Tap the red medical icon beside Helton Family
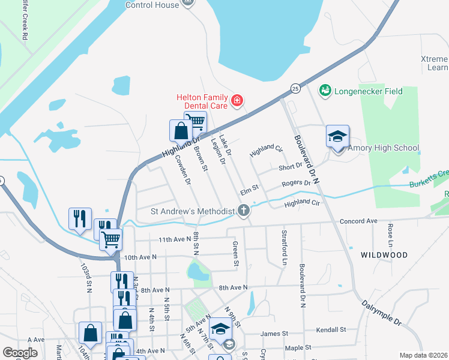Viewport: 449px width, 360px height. pyautogui.click(x=238, y=100)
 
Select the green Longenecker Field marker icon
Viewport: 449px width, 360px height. pyautogui.click(x=325, y=91)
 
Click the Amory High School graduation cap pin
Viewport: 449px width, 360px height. pyautogui.click(x=337, y=136)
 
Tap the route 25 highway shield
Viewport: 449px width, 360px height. pyautogui.click(x=295, y=88)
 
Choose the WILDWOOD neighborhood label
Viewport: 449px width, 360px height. pyautogui.click(x=384, y=255)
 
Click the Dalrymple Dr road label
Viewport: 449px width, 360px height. pyautogui.click(x=381, y=312)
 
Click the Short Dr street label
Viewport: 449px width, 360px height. pyautogui.click(x=291, y=167)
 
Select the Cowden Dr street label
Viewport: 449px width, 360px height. pyautogui.click(x=182, y=169)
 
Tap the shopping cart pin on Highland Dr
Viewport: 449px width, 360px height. pyautogui.click(x=195, y=122)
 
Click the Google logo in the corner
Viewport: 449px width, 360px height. pyautogui.click(x=20, y=353)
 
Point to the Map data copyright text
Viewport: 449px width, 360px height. pyautogui.click(x=424, y=355)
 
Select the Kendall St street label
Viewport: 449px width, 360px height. pyautogui.click(x=331, y=330)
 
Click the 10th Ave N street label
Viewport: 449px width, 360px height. pyautogui.click(x=140, y=257)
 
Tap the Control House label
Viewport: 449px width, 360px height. pyautogui.click(x=152, y=5)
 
